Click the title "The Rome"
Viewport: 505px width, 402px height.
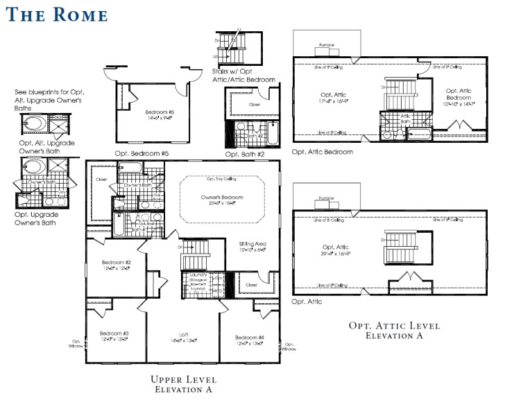(58, 15)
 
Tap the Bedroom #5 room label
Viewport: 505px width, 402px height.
(159, 114)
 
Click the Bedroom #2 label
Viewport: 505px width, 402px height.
(117, 265)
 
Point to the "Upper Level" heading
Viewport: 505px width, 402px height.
(184, 380)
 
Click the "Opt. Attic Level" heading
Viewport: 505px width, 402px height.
(394, 326)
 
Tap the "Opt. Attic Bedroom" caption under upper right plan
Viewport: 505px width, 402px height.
(323, 152)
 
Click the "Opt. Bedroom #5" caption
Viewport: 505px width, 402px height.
(142, 153)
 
